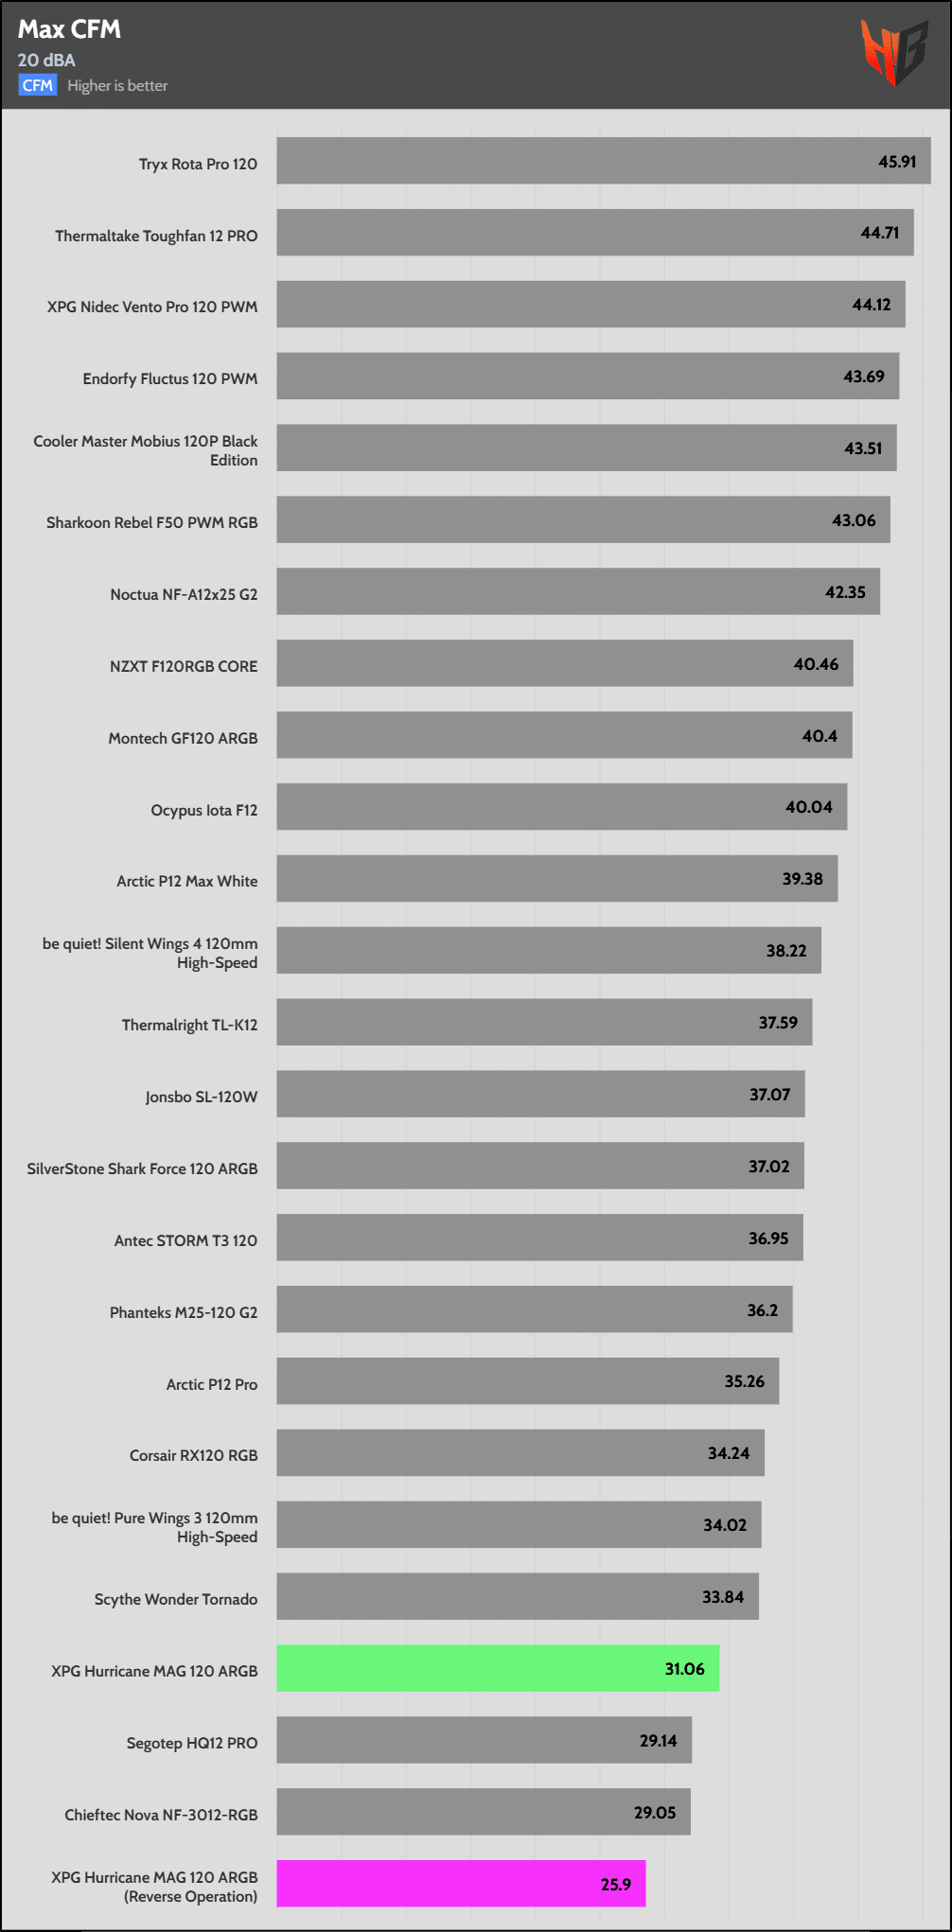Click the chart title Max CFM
point(69,29)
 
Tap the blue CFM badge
point(37,85)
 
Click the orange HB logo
point(893,52)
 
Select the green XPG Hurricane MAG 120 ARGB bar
point(497,1668)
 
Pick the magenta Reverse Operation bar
point(461,1883)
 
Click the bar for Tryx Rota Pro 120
point(603,161)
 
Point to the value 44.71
point(879,233)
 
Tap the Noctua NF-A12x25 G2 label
point(184,594)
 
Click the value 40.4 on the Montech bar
point(820,736)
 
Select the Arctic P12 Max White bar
point(556,879)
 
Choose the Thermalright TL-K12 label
point(189,1025)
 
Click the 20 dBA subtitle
point(46,60)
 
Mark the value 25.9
point(615,1885)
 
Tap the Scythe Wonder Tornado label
point(176,1599)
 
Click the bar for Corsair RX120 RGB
point(520,1452)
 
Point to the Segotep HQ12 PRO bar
point(484,1740)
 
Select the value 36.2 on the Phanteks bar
point(762,1310)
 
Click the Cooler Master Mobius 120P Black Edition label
point(146,450)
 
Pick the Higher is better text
point(117,85)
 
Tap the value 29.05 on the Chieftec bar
point(655,1813)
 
